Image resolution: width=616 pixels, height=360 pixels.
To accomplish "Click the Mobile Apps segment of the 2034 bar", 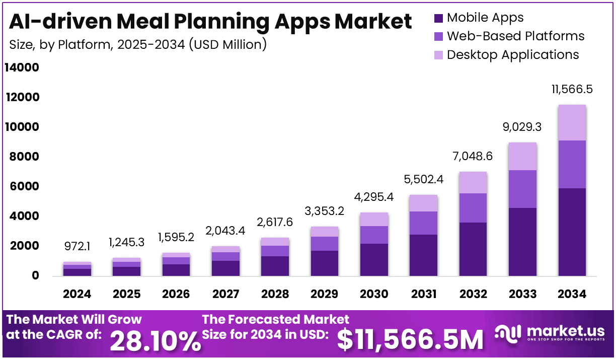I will (572, 232).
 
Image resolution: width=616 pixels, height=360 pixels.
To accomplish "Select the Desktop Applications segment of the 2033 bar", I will (522, 157).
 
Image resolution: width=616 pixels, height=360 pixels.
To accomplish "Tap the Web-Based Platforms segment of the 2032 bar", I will (473, 208).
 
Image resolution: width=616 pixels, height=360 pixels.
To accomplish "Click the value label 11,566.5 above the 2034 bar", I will (572, 90).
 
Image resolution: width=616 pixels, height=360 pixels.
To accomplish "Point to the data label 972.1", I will (77, 247).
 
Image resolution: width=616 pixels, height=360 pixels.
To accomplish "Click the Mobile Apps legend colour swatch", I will (438, 18).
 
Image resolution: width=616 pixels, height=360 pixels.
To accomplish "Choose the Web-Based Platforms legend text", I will (515, 36).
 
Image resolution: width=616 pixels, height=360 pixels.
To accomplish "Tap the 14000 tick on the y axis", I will (21, 67).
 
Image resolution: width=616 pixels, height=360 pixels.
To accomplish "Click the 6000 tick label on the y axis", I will (21, 186).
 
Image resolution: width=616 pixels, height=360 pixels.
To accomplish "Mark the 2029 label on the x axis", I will (324, 294).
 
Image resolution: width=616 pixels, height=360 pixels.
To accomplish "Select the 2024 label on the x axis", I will (77, 294).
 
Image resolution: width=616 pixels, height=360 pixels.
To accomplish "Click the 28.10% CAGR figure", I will (155, 341).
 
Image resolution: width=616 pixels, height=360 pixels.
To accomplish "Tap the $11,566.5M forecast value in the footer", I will (410, 339).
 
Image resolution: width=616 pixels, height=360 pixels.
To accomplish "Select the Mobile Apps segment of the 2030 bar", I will (373, 260).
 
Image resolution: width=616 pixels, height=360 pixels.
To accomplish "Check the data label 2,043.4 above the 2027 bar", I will (225, 231).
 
